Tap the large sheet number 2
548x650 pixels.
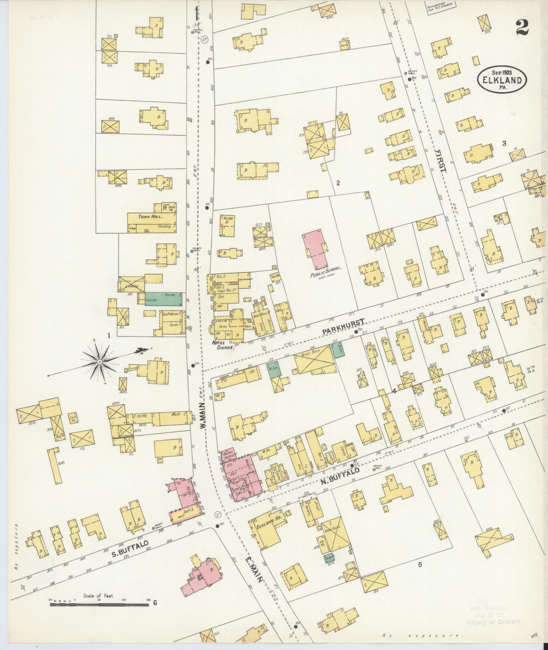tap(522, 28)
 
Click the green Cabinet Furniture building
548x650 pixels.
tap(163, 298)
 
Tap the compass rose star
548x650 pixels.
tap(100, 362)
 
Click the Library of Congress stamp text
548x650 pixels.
tap(493, 622)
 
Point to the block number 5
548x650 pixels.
tap(420, 564)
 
